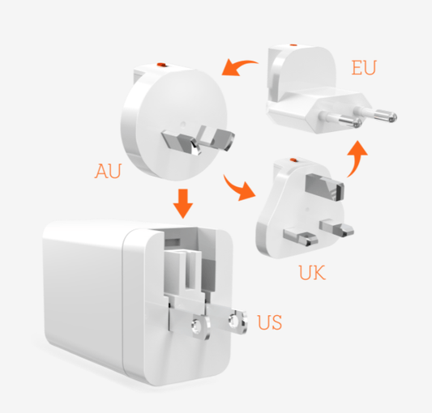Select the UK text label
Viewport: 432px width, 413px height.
[311, 273]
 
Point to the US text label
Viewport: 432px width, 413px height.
[270, 324]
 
